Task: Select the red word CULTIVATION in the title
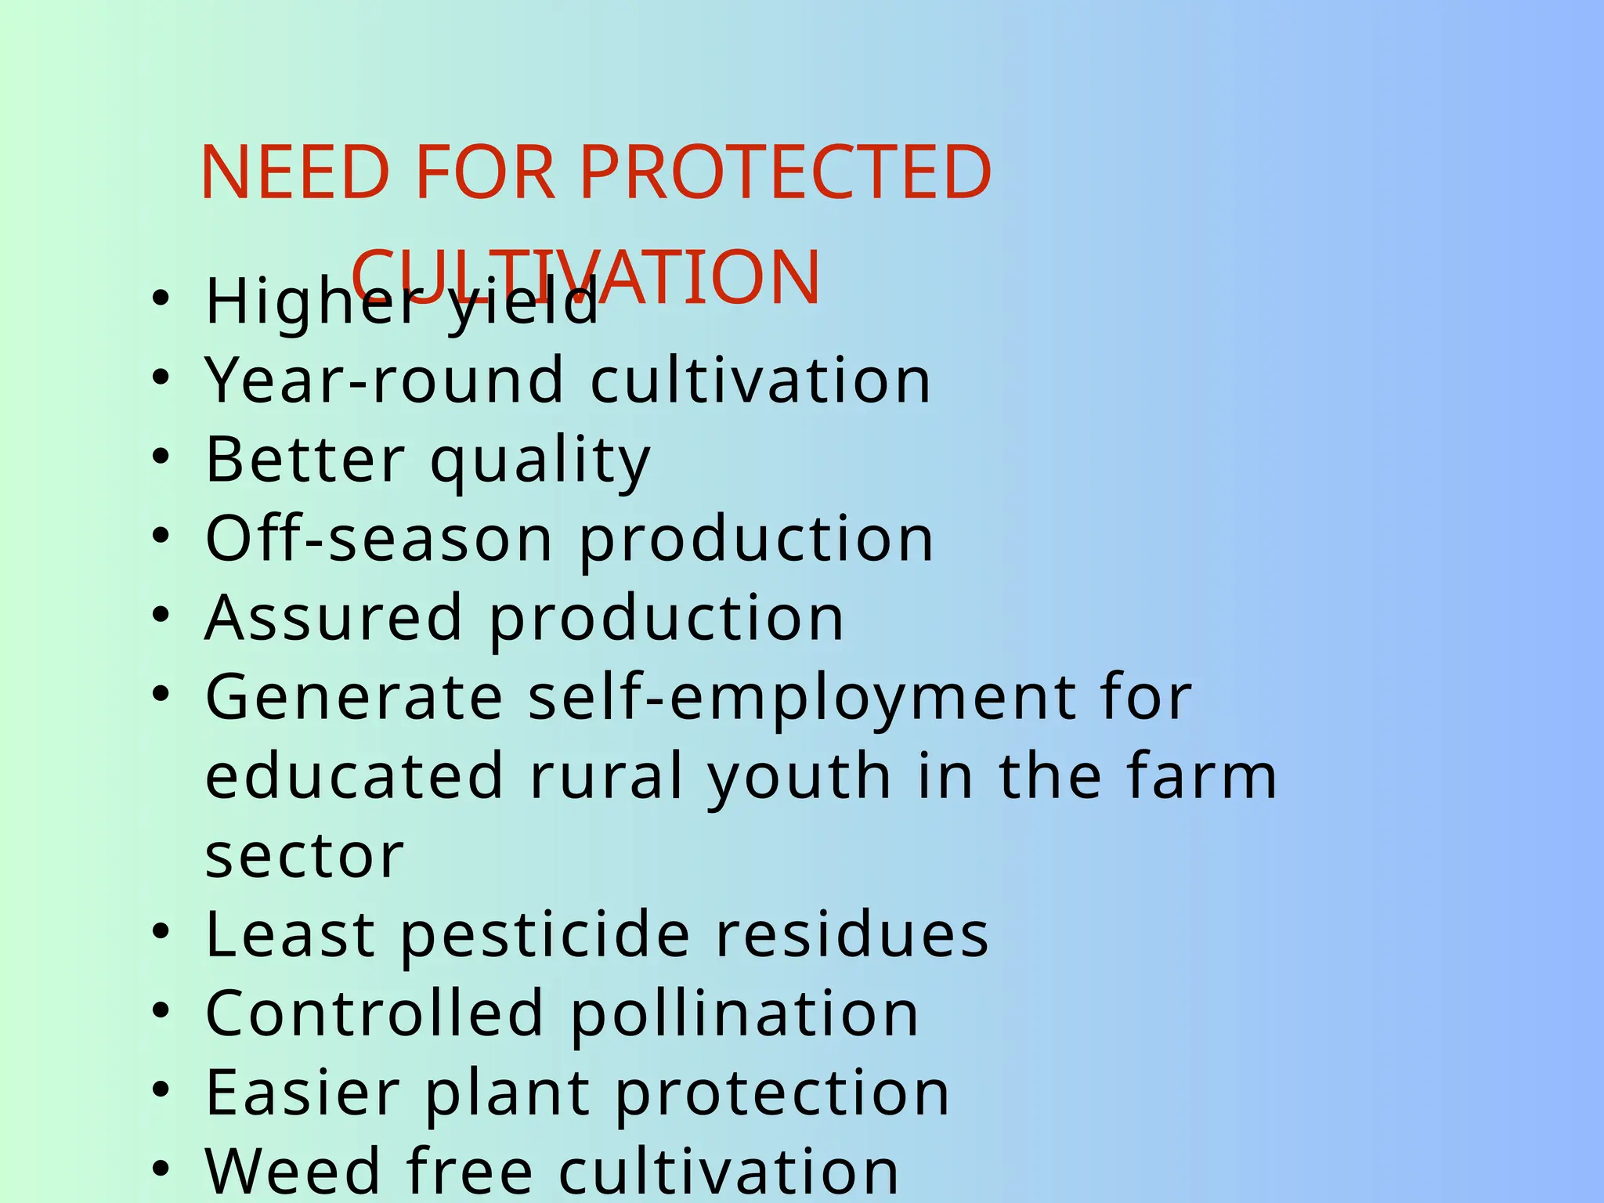point(586,276)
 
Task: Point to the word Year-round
point(384,381)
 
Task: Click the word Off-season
point(379,539)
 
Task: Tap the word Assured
point(334,618)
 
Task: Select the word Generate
point(354,697)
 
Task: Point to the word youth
point(799,778)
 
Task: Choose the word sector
point(304,856)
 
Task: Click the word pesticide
point(545,936)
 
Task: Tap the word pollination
point(744,1015)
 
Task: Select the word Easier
point(302,1093)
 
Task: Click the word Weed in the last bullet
point(293,1172)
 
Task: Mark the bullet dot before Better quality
point(161,457)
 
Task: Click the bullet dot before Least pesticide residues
point(161,932)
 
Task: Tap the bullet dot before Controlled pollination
point(161,1011)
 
